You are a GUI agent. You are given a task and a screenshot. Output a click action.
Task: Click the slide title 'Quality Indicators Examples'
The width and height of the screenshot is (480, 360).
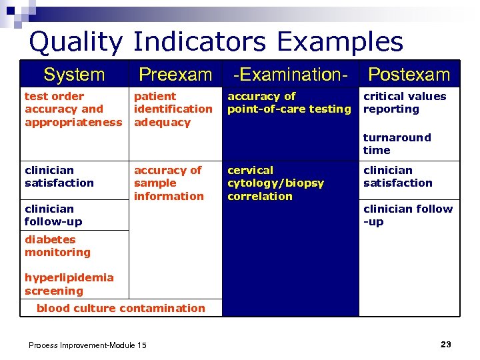216,41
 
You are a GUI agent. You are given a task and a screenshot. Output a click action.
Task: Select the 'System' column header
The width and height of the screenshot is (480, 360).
74,75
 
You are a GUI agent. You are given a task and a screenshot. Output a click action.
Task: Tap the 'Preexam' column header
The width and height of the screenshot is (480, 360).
175,75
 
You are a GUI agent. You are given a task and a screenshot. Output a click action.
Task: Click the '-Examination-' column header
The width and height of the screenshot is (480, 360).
290,75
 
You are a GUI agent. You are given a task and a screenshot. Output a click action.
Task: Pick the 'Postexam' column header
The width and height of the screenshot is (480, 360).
409,75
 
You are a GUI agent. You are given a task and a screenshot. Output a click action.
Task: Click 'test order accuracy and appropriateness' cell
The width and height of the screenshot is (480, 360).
73,109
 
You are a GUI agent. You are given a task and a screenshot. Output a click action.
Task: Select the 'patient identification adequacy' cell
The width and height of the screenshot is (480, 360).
173,109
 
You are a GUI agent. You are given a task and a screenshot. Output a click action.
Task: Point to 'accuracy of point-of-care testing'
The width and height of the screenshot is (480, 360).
289,103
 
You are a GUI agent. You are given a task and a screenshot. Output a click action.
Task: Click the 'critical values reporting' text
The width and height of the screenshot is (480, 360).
404,103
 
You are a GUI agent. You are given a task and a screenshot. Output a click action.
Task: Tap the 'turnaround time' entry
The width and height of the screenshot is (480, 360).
397,144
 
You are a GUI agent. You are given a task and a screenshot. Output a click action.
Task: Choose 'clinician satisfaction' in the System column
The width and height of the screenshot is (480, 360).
59,177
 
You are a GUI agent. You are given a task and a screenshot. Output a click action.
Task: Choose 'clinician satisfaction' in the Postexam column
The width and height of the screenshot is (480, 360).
397,177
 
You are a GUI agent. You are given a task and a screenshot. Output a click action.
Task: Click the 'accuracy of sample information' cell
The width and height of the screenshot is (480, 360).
168,183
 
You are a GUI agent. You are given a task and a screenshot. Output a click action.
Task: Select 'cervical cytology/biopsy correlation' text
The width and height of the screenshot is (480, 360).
275,183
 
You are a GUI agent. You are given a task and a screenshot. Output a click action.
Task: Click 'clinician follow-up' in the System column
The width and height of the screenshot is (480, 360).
53,215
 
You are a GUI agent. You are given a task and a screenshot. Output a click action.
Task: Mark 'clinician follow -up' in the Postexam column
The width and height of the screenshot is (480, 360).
407,215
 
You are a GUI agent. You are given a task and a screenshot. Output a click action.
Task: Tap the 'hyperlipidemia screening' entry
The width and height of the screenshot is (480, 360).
69,284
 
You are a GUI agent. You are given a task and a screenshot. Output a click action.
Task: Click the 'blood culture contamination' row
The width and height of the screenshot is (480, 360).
121,308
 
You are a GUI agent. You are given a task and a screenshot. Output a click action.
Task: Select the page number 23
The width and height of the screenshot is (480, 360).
445,344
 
